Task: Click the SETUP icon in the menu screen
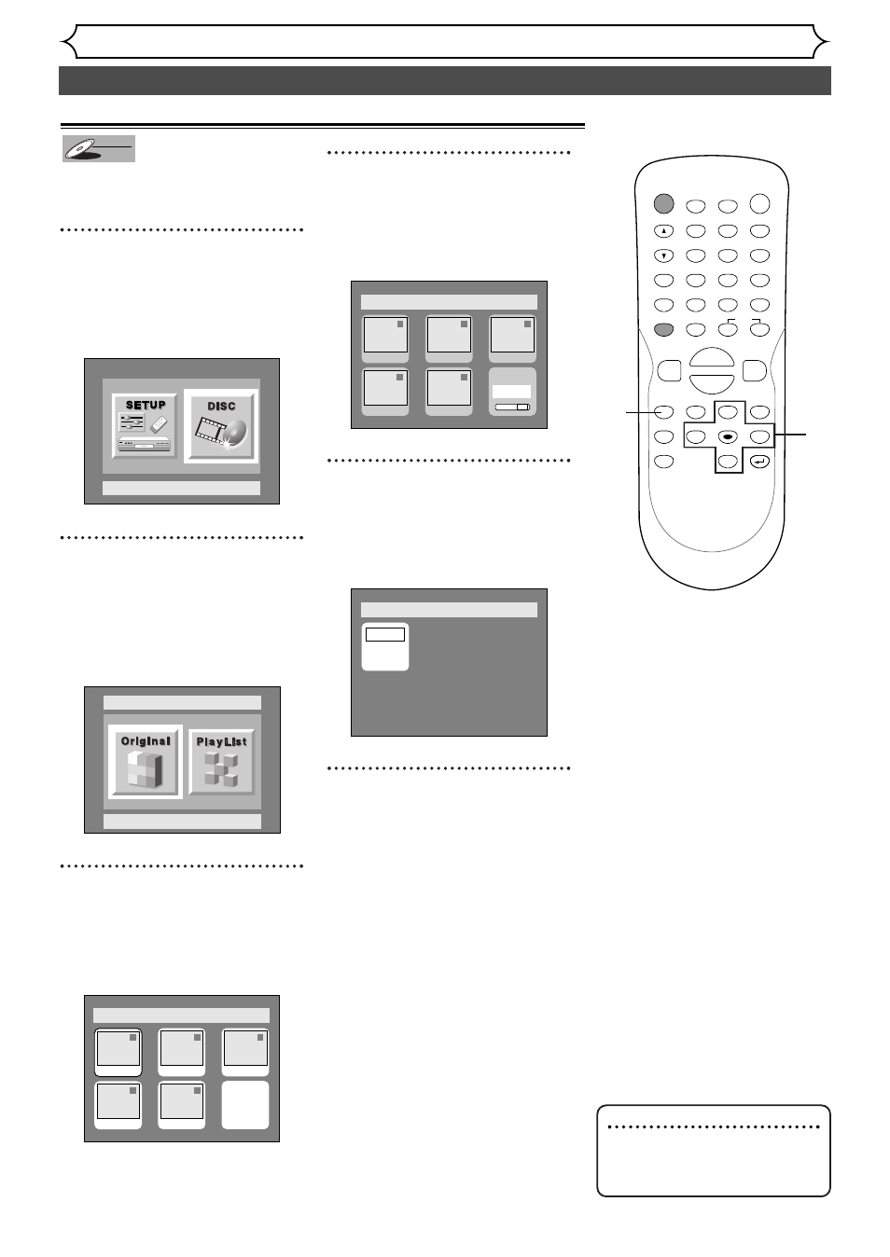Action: [x=146, y=425]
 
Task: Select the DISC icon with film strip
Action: [x=221, y=425]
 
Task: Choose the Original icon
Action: [x=146, y=762]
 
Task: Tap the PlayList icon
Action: [x=222, y=762]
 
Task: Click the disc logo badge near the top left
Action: [x=99, y=149]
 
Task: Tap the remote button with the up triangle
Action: [x=663, y=230]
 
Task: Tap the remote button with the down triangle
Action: [x=663, y=256]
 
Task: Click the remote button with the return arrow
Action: [x=759, y=461]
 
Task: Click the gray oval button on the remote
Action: [x=663, y=329]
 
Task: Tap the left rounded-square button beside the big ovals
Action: [x=669, y=370]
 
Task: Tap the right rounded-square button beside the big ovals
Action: [x=754, y=370]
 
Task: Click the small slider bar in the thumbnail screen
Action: [x=512, y=407]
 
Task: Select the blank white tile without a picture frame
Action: [x=245, y=1105]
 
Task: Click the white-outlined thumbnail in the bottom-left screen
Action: [x=118, y=1053]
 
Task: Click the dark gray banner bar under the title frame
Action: [x=445, y=81]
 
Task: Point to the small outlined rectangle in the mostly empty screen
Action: [x=385, y=634]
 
